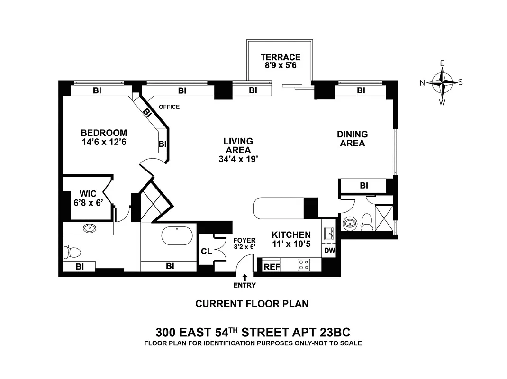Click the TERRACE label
(280, 57)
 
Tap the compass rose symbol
(442, 82)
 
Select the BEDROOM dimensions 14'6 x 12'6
(104, 142)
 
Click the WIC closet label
(88, 194)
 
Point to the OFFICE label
(169, 107)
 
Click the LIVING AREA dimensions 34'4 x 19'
(238, 159)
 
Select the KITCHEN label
(291, 235)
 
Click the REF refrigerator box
(272, 267)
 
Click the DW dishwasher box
(329, 251)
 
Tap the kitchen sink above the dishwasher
(329, 233)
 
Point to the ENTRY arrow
(244, 278)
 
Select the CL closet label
(206, 251)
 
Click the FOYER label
(244, 240)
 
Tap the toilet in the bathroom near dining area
(366, 221)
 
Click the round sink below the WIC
(90, 229)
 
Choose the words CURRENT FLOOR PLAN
(252, 304)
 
